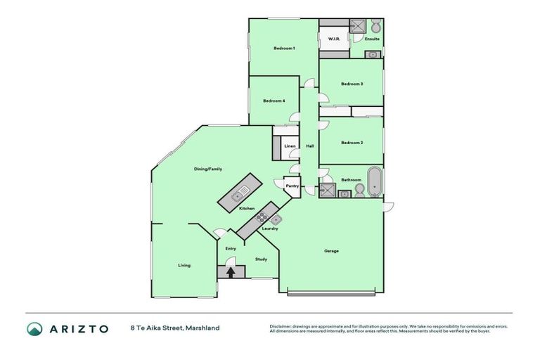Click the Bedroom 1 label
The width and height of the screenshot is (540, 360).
(284, 48)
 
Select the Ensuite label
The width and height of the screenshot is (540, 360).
(372, 39)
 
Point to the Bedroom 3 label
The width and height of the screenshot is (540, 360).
(352, 84)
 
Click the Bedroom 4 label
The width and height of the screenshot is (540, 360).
(274, 101)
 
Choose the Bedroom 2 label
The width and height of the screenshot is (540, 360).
(352, 143)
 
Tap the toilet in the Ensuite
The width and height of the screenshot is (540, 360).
(376, 27)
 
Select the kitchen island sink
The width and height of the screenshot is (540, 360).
(240, 191)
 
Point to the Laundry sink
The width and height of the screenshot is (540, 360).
(276, 220)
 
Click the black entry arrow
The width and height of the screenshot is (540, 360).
(229, 270)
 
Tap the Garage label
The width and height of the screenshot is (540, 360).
(331, 251)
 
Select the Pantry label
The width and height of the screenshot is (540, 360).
(292, 186)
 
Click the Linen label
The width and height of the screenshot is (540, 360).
(290, 146)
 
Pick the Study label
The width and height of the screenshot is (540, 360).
(261, 259)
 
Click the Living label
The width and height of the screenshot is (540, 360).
(184, 265)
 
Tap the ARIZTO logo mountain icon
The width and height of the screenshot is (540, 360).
(34, 328)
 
